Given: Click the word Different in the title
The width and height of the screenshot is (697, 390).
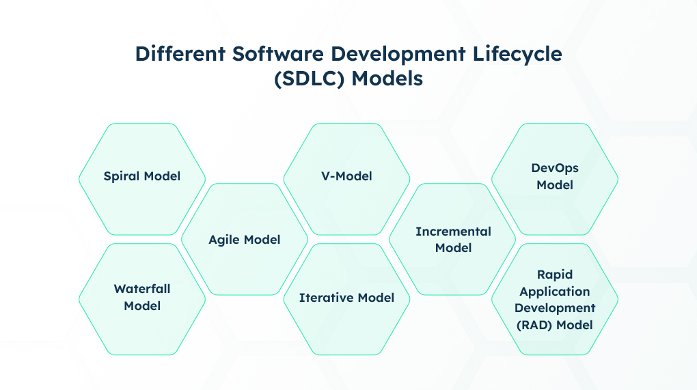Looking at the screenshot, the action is pos(180,54).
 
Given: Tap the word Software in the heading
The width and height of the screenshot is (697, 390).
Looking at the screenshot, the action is pos(278,54).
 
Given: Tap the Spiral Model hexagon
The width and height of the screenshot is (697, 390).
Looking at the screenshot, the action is pos(142,179).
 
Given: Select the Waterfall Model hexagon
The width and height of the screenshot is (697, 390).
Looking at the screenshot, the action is pos(142,299).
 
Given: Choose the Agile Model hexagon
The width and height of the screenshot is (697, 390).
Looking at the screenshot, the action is pos(245,239).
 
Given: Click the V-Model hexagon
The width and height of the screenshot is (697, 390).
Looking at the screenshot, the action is pos(346,179).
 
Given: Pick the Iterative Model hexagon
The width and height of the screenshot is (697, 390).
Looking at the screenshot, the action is pos(346,299).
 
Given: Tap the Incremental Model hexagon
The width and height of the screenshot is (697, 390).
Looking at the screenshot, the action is pos(452,239).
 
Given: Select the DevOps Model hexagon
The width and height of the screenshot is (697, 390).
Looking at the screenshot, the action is pos(555,179).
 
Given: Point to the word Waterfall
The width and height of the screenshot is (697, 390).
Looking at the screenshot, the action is pos(142,289).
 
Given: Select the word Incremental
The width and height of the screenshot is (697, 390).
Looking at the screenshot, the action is pos(454,232).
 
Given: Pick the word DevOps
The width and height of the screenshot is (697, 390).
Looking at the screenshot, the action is pos(555,168).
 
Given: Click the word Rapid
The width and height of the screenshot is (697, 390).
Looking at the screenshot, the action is pos(555,275).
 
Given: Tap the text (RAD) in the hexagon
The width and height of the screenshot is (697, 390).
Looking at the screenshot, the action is pos(534,325).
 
